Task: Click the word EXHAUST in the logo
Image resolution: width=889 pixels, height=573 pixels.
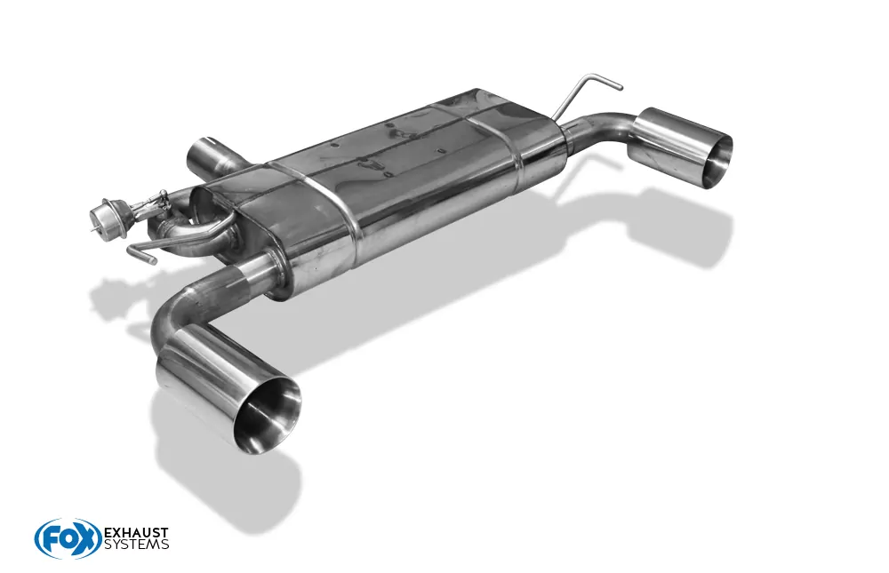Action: click(136, 533)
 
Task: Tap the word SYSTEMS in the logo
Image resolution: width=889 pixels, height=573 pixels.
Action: click(136, 545)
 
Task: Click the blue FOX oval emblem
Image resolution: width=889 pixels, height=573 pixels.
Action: click(68, 538)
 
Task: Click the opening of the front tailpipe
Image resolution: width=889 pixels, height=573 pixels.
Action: click(268, 414)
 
